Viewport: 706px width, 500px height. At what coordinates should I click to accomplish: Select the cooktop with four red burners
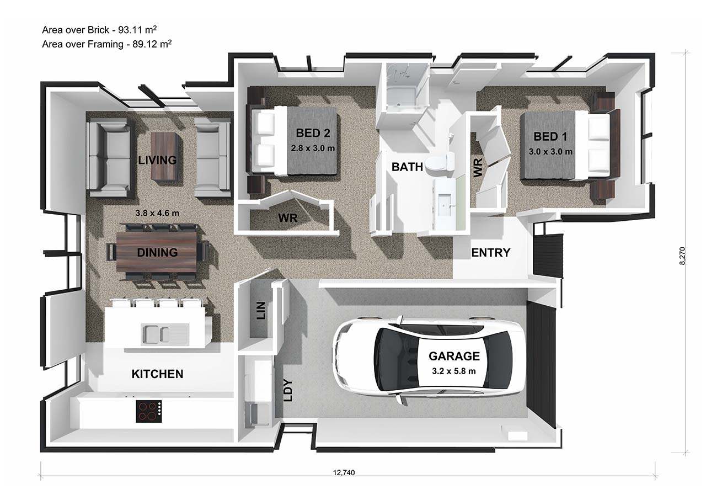click(x=149, y=411)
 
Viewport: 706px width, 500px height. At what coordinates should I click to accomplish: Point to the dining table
click(x=157, y=253)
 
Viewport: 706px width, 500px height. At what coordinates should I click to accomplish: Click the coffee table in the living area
click(x=164, y=156)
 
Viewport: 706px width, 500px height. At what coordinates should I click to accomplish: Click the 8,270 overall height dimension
click(x=683, y=256)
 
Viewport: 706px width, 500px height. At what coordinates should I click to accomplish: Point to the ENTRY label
click(x=490, y=253)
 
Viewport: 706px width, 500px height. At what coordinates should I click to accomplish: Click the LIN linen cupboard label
click(x=261, y=311)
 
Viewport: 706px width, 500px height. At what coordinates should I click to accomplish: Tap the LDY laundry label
click(x=287, y=390)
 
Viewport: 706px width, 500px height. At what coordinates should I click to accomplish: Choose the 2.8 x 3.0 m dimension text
click(x=313, y=148)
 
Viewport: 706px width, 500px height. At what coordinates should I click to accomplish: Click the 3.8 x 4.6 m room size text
click(x=157, y=212)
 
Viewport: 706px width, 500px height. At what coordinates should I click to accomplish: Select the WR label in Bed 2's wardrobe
click(x=287, y=218)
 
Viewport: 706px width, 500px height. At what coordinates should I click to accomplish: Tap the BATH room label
click(x=407, y=166)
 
